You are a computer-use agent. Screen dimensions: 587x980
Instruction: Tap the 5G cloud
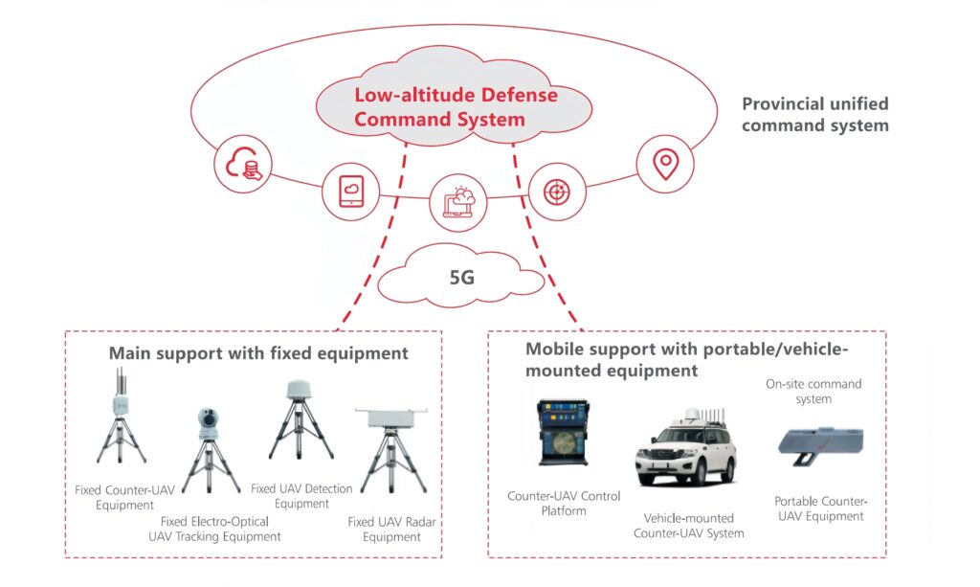click(460, 278)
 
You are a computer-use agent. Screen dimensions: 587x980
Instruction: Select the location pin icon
click(664, 165)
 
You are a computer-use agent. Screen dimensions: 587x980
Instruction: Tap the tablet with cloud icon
click(348, 192)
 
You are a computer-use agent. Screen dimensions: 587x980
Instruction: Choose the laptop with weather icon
click(457, 201)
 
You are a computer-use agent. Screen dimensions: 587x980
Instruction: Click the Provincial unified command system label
click(814, 114)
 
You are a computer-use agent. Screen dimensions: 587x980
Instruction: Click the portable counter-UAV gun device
click(818, 444)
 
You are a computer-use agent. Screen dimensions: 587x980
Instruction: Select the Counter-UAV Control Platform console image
click(564, 432)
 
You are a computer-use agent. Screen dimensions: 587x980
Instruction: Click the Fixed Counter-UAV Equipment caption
click(124, 497)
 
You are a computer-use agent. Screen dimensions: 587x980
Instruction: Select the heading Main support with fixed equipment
click(258, 353)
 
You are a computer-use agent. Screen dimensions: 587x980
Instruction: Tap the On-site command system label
click(813, 391)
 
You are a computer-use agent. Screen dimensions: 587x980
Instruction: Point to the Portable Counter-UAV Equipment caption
click(819, 508)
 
